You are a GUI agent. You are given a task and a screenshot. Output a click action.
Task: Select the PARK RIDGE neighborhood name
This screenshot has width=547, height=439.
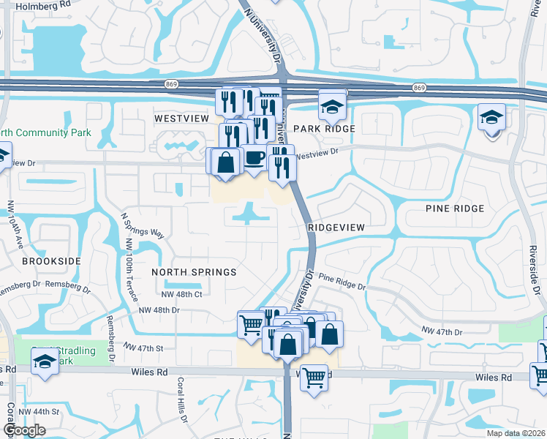324,129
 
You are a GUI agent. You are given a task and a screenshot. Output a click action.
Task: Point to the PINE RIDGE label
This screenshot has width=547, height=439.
455,209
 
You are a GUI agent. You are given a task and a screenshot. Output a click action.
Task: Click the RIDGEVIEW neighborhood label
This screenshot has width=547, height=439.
336,228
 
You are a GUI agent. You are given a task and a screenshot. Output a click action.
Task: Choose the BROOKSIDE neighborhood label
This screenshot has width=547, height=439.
51,260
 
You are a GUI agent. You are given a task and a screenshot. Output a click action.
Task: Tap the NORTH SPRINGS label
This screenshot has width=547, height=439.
194,272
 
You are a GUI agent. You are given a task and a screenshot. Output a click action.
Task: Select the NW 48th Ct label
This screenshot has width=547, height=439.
181,294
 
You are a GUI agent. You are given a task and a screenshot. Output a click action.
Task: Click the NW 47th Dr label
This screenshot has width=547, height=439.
442,332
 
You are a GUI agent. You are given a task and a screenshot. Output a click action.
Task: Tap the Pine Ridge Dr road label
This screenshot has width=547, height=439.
342,281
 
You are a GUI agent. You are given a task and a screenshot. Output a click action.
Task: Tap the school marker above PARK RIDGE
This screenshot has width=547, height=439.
332,107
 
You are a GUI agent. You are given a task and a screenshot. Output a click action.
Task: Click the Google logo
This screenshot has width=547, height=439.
23,430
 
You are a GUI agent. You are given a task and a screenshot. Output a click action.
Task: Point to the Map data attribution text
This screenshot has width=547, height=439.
516,433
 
